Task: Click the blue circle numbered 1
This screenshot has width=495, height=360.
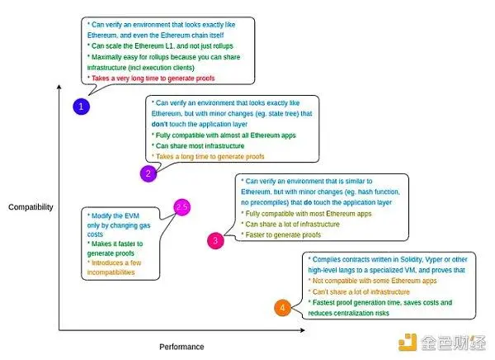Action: (x=82, y=106)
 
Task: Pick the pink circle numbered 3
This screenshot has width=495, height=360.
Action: (x=214, y=240)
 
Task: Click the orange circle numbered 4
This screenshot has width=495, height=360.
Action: (x=282, y=309)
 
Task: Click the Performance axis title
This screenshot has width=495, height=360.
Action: (x=181, y=347)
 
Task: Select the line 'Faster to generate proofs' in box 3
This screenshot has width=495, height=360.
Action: (x=281, y=234)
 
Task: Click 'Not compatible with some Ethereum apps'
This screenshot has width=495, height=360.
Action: (x=371, y=281)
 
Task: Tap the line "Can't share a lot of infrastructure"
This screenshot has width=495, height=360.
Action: (x=362, y=291)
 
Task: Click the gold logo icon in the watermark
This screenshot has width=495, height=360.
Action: (x=406, y=341)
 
